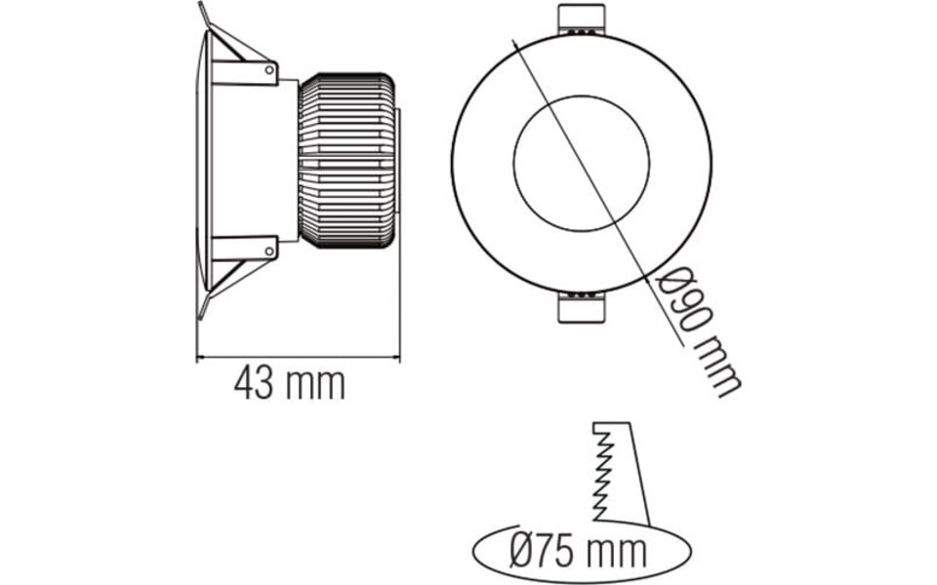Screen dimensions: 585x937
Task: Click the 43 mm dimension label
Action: point(289,384)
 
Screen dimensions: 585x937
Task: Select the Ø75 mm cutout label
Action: point(579,550)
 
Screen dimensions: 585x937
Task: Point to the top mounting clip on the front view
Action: point(581,21)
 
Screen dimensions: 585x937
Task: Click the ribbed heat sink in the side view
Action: point(347,159)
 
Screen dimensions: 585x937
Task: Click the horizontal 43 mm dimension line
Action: point(299,358)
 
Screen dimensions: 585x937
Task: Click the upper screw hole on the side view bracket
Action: point(270,69)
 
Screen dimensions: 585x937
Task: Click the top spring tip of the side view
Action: point(202,12)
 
